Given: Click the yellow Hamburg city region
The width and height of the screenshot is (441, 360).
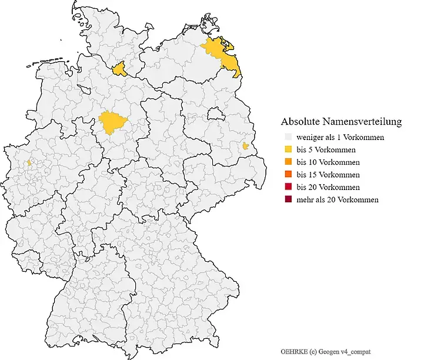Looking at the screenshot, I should coord(121,70).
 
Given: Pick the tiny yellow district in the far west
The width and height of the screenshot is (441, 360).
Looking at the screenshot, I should coord(28,162).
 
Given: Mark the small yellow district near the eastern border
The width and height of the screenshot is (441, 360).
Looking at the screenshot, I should coord(245,146).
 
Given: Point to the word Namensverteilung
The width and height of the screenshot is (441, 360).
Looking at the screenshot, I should coord(363,122).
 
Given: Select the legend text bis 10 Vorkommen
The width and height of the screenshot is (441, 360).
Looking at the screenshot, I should coord(328,162).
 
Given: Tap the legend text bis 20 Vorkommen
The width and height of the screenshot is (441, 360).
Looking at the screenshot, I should coord(328,187).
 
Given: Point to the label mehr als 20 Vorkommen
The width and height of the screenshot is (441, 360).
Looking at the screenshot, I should coord(338,199).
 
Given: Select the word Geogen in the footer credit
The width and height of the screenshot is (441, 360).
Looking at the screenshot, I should coord(330,351).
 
